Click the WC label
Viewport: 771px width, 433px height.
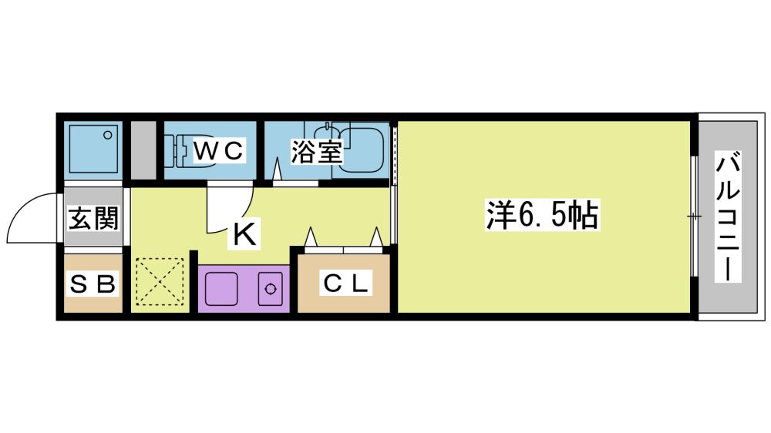click(x=219, y=151)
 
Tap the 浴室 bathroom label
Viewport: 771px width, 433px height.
click(x=316, y=152)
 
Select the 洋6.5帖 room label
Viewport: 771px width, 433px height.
click(x=542, y=215)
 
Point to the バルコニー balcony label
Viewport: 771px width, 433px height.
click(x=729, y=216)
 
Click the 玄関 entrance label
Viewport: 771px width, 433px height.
click(x=93, y=218)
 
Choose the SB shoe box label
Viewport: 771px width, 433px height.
click(x=93, y=284)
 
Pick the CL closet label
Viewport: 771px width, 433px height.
click(x=345, y=284)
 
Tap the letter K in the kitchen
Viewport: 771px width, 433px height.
click(x=244, y=234)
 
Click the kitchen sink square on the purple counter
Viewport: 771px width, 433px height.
click(x=221, y=289)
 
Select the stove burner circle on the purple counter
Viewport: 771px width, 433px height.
click(x=271, y=289)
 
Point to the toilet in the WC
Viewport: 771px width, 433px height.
click(x=194, y=151)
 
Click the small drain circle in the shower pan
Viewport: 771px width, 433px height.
click(x=108, y=135)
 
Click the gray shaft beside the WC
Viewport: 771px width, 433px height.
click(x=143, y=150)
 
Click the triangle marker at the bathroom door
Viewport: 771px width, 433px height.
click(x=277, y=169)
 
